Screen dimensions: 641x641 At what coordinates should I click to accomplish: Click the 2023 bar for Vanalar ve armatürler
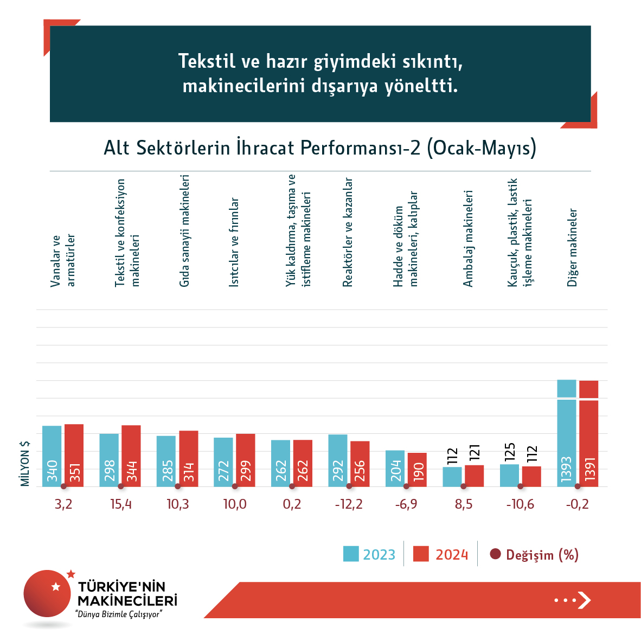tap(52, 456)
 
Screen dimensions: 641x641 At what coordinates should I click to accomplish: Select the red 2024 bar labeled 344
tap(131, 456)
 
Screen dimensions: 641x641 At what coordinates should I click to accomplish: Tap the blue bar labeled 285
tap(166, 461)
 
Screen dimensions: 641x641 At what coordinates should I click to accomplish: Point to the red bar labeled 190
tap(417, 470)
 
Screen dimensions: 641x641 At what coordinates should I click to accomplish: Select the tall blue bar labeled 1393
tap(567, 434)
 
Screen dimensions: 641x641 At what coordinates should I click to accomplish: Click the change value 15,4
tap(121, 504)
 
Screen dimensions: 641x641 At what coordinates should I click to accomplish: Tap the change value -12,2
tap(349, 504)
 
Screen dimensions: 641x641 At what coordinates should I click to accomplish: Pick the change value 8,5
tap(464, 504)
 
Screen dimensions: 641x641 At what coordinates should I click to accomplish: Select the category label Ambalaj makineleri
tap(468, 239)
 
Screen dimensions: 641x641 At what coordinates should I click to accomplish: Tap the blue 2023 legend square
tap(351, 554)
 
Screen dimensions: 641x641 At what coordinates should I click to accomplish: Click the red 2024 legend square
tap(421, 554)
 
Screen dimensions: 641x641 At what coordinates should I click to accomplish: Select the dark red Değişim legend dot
tap(495, 554)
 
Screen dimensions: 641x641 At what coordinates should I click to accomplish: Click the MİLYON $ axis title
tap(25, 463)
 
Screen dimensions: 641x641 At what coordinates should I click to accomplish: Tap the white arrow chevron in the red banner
tap(584, 600)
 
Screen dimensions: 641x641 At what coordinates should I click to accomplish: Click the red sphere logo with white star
tap(47, 593)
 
